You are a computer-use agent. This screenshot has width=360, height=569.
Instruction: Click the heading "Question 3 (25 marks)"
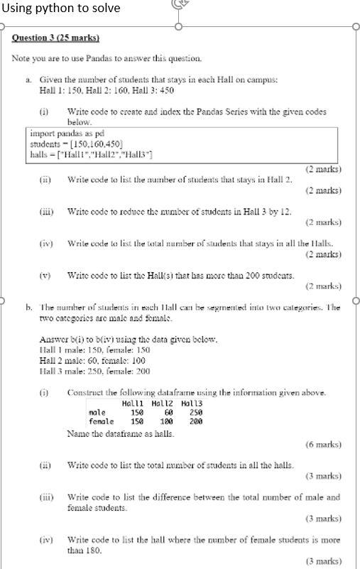55,38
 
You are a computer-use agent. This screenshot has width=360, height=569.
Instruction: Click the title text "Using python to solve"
61,9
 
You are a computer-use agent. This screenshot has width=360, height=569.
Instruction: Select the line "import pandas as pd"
64,133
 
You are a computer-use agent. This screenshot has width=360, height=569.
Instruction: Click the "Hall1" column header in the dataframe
133,403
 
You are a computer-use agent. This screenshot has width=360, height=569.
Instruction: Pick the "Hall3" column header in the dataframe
192,403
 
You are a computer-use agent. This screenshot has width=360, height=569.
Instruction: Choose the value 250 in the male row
196,412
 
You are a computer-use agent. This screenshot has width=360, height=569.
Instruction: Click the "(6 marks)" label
323,444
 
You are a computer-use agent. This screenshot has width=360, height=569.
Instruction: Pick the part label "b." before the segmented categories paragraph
29,308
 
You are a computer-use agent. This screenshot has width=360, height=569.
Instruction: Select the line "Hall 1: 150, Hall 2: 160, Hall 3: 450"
107,90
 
